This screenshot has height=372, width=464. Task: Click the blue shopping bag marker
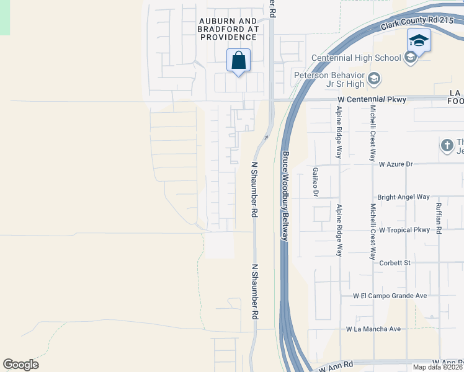(x=239, y=61)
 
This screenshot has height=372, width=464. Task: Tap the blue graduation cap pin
(x=419, y=41)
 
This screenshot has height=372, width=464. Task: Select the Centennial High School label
(x=356, y=58)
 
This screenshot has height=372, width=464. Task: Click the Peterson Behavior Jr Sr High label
(x=329, y=79)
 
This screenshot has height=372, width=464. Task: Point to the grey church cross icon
(x=447, y=146)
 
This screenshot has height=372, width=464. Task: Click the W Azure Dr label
(x=395, y=164)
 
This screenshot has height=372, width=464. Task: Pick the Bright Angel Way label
(x=403, y=197)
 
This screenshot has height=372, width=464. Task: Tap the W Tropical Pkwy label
(x=404, y=230)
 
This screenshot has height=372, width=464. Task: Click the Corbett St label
(x=395, y=263)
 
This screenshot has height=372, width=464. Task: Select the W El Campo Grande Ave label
(x=390, y=296)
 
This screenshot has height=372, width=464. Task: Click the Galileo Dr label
(x=315, y=182)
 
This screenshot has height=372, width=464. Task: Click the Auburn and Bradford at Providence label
(x=228, y=29)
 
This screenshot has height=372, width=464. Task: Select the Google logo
(x=21, y=365)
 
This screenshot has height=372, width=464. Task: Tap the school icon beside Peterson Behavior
(x=374, y=79)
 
